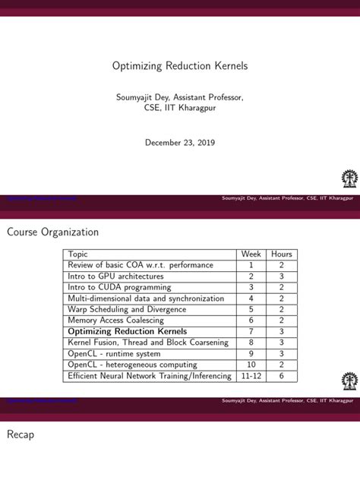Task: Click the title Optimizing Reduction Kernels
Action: point(180,66)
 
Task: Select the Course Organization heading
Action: point(53,231)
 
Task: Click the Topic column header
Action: point(78,254)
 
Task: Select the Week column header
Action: point(251,254)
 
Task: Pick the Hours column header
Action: point(281,254)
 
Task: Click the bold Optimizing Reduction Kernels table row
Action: point(128,331)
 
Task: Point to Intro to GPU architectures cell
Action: point(115,276)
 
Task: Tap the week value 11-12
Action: point(251,375)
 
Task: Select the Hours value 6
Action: point(281,375)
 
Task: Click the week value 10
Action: point(251,365)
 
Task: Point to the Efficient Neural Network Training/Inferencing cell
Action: point(149,375)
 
